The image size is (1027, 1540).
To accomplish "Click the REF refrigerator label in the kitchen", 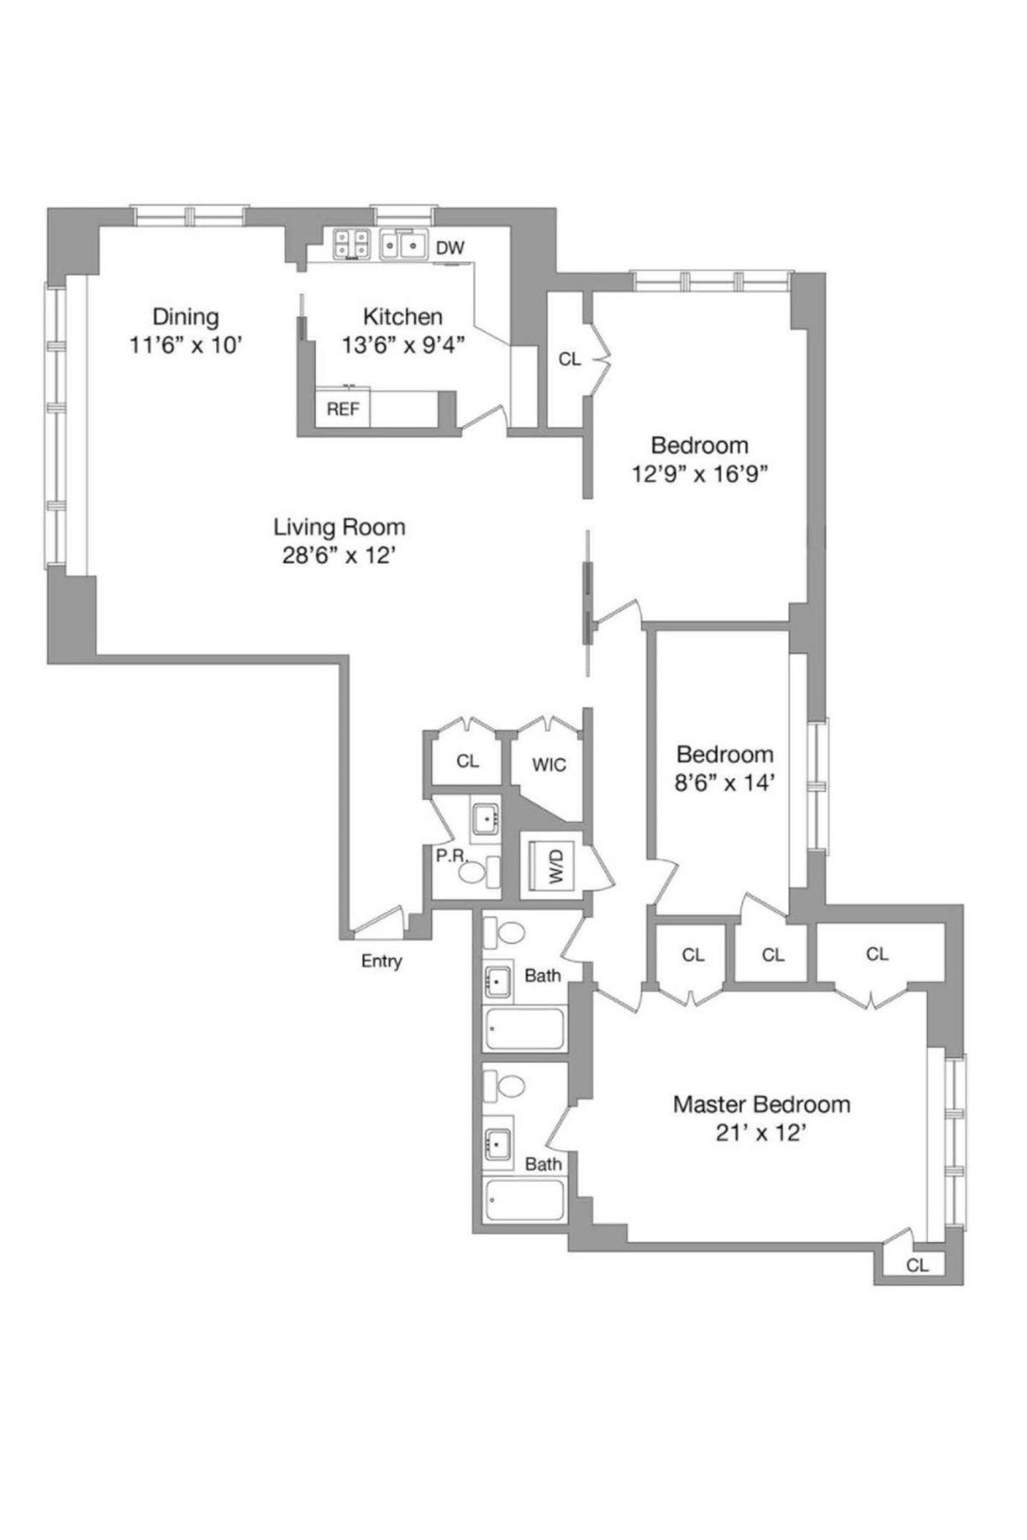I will click(343, 410).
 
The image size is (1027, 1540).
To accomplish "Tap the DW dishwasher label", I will click(450, 248).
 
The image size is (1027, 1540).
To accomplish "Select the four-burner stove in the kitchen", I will click(352, 245).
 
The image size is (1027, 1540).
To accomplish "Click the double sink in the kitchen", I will click(403, 245).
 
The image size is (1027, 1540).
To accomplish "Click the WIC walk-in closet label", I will click(548, 765).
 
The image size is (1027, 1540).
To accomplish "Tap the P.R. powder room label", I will click(451, 855).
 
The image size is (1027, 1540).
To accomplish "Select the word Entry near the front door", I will click(382, 961).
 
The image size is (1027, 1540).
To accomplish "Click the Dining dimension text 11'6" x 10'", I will click(186, 346).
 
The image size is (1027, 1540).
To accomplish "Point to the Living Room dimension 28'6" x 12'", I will click(339, 555).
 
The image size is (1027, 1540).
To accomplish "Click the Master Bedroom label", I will click(761, 1104).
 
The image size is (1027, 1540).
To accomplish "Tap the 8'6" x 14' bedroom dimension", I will click(724, 784).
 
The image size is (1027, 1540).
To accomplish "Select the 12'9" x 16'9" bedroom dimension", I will click(699, 474).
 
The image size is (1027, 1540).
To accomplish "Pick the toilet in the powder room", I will click(470, 872).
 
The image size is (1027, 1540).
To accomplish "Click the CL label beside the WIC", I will click(467, 761).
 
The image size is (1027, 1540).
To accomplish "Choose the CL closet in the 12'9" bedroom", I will click(569, 359).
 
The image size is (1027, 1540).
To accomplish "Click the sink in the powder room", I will click(486, 818).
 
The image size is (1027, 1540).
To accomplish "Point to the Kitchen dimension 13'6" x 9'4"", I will click(403, 346).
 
